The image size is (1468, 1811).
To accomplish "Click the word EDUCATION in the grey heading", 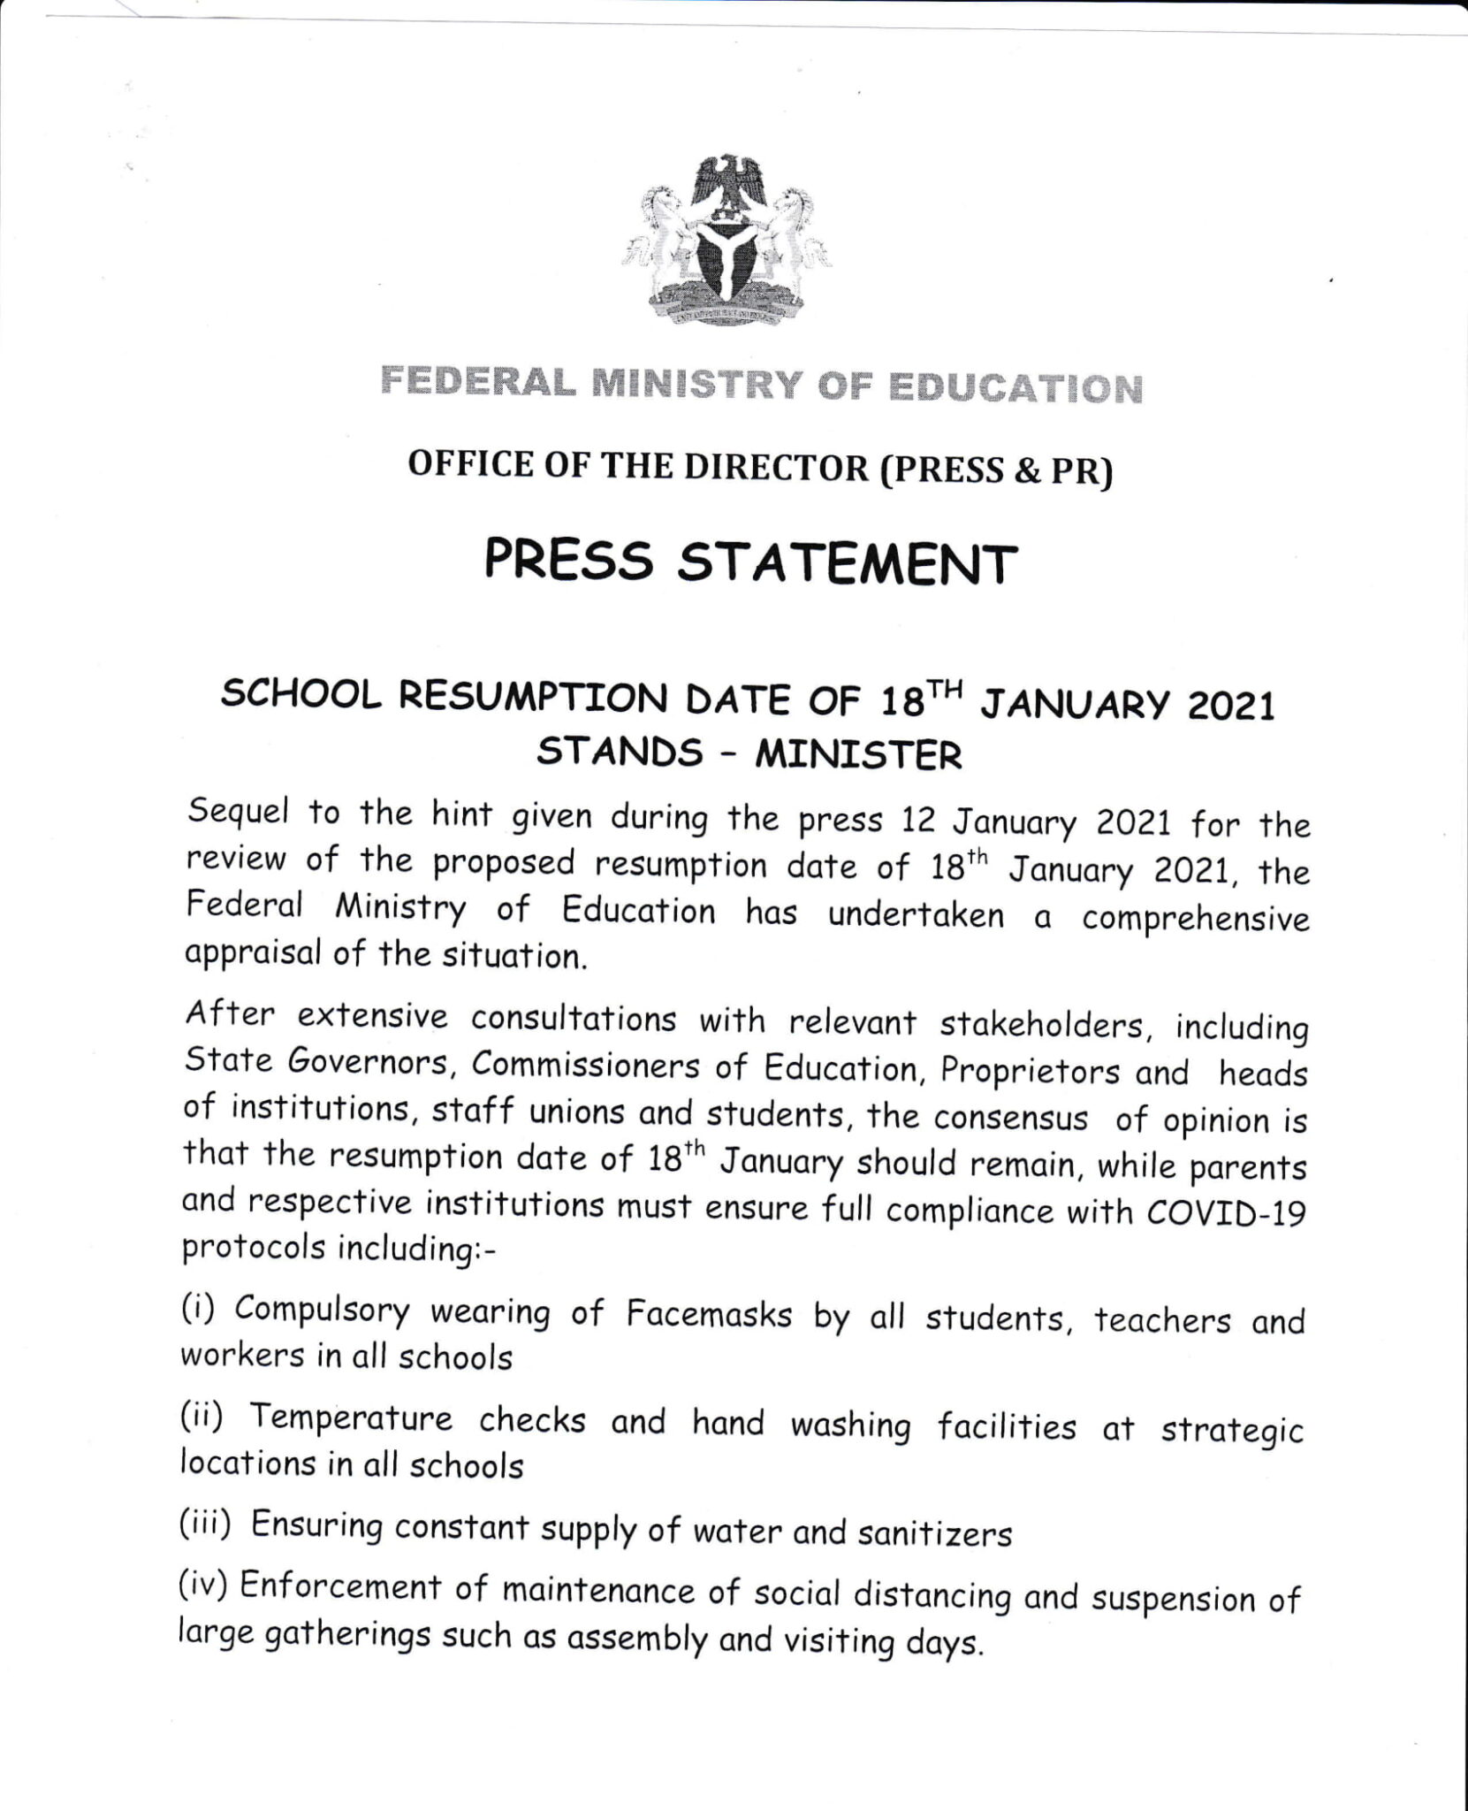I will [x=1014, y=389].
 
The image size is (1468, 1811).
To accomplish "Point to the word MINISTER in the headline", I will [x=857, y=756].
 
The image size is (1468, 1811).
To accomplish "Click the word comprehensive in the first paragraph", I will [x=1195, y=920].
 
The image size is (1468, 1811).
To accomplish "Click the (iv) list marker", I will [x=204, y=1586].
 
